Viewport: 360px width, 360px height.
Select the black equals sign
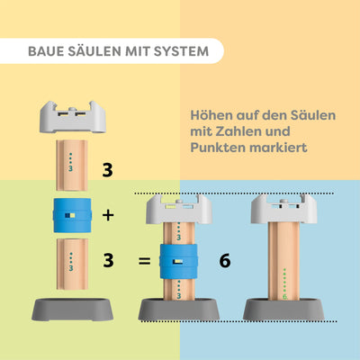click(x=143, y=262)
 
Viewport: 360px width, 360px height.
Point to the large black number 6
click(x=225, y=262)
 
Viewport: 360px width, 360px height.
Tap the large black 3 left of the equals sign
click(x=108, y=262)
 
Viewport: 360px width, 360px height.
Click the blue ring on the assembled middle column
click(x=180, y=262)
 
